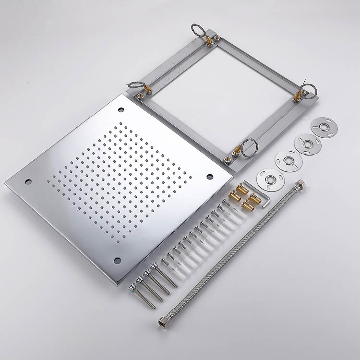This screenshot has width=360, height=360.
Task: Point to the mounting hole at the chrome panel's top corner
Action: coord(120,110)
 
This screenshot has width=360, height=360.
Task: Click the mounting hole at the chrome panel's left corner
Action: coord(28,182)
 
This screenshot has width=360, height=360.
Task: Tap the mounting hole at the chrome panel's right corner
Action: coord(210,176)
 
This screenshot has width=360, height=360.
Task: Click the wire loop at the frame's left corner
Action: coord(136,86)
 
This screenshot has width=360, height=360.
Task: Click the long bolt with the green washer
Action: coord(142,296)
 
